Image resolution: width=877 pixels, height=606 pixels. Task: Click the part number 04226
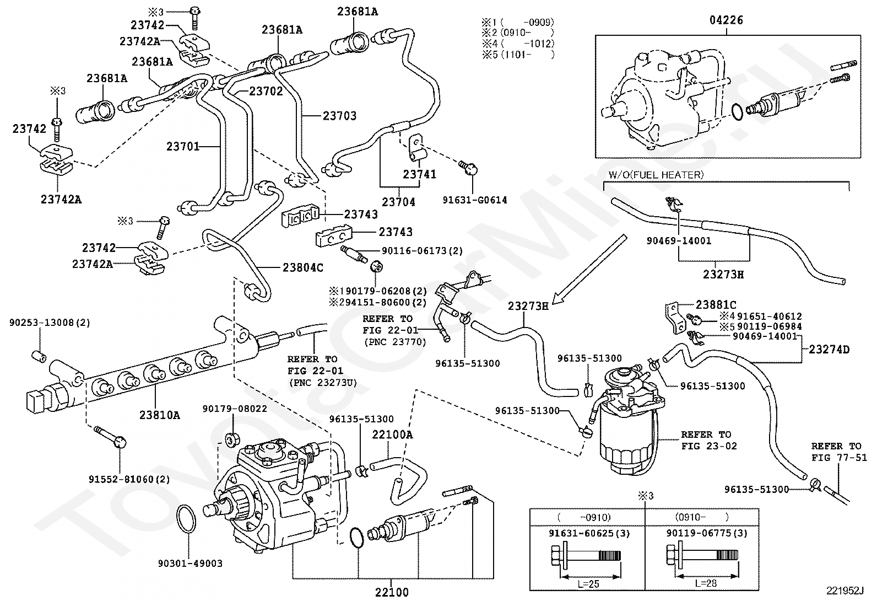(x=726, y=20)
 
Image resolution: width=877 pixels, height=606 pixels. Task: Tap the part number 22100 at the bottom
(x=392, y=593)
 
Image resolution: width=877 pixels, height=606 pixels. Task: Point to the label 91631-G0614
(x=474, y=200)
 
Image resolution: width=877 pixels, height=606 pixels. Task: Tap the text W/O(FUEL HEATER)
(x=656, y=175)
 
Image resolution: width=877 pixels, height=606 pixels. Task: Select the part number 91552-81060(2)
(x=129, y=479)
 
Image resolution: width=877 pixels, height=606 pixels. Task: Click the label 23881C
(x=716, y=305)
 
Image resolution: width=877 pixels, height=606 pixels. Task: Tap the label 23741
(x=419, y=174)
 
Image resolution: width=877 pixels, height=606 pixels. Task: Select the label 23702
(x=266, y=91)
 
